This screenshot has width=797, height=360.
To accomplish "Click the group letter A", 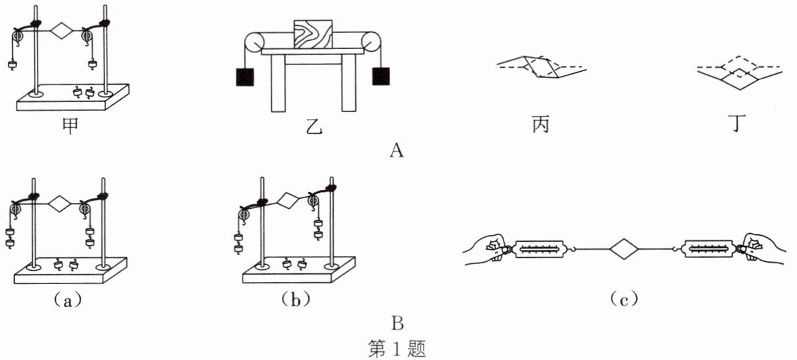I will click(x=397, y=151).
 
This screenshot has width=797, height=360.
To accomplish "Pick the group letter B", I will click(x=397, y=324).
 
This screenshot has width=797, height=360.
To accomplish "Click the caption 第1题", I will click(x=397, y=348).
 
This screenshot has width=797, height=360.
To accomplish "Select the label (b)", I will click(x=293, y=300).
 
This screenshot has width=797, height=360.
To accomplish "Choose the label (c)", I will click(x=624, y=300).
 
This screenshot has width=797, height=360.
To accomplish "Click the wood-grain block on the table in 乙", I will click(x=313, y=34).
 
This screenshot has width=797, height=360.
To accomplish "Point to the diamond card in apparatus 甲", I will click(x=61, y=31).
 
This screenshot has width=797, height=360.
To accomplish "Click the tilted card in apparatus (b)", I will click(x=288, y=200).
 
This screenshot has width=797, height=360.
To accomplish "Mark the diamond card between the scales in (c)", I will click(x=624, y=250).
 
